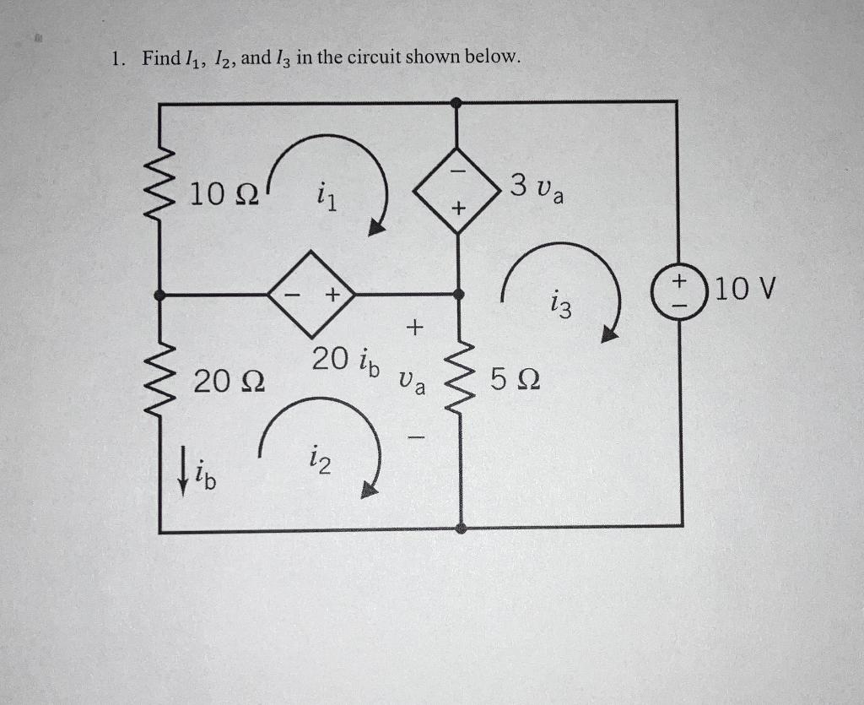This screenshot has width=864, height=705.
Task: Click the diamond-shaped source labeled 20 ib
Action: [311, 294]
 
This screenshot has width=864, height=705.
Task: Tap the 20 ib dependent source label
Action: [344, 361]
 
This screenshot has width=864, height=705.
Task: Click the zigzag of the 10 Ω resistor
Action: [161, 197]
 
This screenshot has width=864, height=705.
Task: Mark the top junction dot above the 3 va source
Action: [456, 103]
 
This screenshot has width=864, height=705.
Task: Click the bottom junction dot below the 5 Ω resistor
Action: [461, 529]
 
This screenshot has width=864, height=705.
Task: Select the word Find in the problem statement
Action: [160, 58]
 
